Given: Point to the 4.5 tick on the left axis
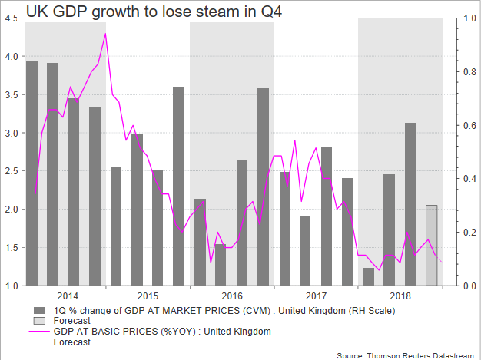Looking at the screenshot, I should pos(12,18).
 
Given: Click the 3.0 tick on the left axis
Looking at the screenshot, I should pos(12,133).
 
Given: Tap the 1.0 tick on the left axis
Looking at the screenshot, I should pos(12,286).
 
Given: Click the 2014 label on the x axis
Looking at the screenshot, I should pos(67,296).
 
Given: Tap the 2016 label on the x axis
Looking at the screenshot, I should pos(232,296).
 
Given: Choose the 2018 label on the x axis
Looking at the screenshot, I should pos(400,296).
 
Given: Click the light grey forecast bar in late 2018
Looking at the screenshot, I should pos(432,245).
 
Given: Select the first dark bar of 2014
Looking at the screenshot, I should pos(32,173).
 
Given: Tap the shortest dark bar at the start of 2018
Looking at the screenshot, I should pos(369,276).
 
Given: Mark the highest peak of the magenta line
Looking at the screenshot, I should pos(105,34).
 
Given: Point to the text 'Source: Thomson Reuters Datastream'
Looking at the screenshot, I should pos(407,354).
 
